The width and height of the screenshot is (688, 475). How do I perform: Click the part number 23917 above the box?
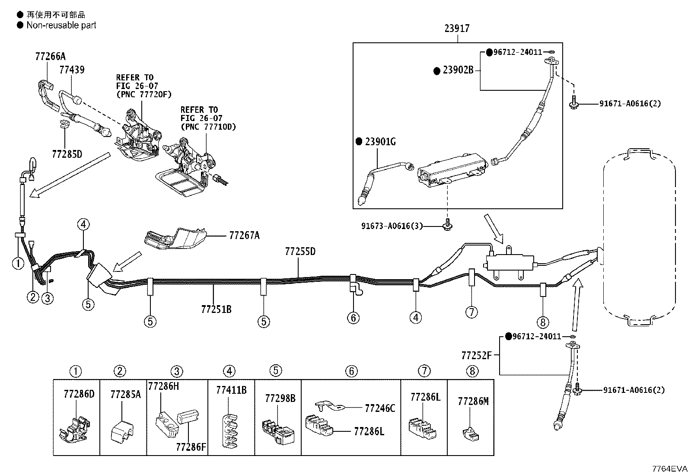pos(457,29)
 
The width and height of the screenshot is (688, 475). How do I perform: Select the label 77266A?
pos(51,57)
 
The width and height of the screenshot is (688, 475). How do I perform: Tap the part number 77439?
pos(72,70)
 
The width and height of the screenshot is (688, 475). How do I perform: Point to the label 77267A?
pos(245,236)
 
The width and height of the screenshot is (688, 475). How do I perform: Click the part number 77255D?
pos(300,252)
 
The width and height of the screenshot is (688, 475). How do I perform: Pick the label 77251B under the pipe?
pos(216,309)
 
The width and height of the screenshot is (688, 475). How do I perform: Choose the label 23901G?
pos(380,142)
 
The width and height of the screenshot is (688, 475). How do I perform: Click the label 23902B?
pos(458,70)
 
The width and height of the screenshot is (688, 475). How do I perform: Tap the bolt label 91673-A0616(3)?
pos(392,226)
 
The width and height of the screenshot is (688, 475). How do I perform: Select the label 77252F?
pos(476,355)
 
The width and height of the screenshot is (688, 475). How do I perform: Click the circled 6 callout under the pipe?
pos(353,318)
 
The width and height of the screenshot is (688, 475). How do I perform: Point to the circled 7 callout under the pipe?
pos(471,312)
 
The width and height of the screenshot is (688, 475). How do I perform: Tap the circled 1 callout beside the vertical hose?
pos(18,263)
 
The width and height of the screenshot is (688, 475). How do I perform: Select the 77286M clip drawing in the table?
pos(471,434)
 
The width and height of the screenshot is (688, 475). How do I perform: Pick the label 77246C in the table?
pos(380,408)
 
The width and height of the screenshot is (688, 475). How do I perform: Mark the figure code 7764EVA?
pos(670,469)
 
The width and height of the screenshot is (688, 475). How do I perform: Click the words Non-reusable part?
pos(61,25)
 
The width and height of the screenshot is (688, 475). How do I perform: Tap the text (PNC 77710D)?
pos(209,127)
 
